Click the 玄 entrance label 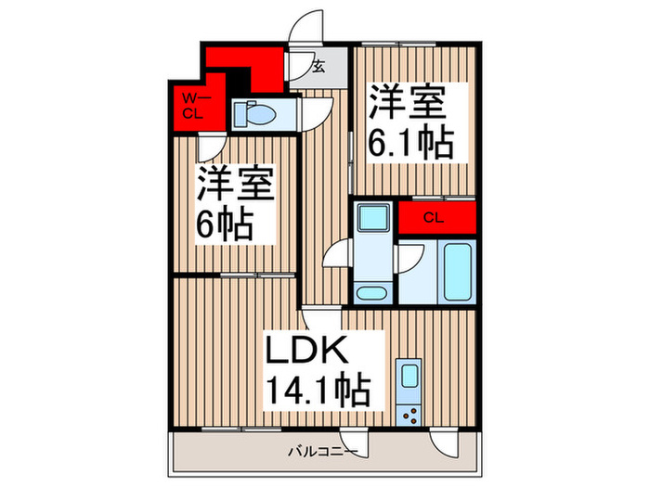[x=318, y=67]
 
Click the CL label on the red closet [x=434, y=218]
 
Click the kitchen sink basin [x=408, y=377]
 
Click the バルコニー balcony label [x=321, y=453]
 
